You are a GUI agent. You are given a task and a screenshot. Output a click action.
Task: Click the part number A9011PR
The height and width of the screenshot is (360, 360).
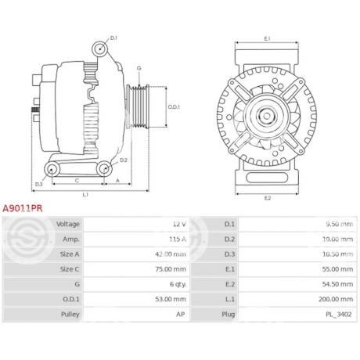click(x=23, y=208)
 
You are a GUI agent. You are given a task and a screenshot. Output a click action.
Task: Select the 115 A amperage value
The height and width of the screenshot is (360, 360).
click(x=178, y=239)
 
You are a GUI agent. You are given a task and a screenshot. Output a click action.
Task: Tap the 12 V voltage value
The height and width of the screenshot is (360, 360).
click(x=179, y=224)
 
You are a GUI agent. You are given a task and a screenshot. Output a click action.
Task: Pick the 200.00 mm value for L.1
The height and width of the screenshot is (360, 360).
click(x=336, y=299)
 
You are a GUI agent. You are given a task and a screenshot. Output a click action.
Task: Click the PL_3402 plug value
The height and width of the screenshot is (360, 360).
click(x=339, y=315)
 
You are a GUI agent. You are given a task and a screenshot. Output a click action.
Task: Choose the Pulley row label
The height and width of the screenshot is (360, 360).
click(x=70, y=315)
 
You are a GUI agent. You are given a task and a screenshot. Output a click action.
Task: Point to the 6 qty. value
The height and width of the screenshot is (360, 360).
click(x=178, y=284)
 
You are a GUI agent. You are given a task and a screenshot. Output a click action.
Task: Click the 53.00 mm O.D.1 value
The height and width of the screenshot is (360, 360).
click(x=171, y=299)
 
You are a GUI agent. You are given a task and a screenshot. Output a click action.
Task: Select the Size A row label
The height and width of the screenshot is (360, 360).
click(x=70, y=254)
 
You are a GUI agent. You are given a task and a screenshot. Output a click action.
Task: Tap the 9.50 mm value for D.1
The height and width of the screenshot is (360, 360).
click(x=339, y=224)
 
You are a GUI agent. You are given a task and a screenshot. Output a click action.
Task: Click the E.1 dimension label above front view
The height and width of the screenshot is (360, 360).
click(x=267, y=38)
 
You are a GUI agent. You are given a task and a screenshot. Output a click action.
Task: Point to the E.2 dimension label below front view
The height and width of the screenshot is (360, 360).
click(x=268, y=198)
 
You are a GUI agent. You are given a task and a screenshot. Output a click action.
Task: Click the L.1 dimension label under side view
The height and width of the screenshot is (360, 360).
click(x=85, y=195)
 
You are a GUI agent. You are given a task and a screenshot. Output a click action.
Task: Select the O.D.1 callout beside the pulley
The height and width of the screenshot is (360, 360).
click(x=174, y=107)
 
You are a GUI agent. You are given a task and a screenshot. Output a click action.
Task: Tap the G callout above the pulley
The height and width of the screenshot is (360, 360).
click(x=139, y=68)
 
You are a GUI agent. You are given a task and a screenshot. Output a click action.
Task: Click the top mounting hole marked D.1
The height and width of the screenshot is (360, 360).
click(x=100, y=49)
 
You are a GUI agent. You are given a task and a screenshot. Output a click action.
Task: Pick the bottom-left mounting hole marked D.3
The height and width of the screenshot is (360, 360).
click(x=52, y=170)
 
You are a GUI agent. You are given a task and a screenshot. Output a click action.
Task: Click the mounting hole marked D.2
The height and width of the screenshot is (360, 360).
click(x=105, y=169)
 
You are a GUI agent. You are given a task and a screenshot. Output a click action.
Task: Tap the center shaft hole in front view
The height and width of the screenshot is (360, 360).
click(x=266, y=116)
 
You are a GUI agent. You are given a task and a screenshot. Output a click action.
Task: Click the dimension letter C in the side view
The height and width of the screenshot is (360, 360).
click(x=77, y=181)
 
